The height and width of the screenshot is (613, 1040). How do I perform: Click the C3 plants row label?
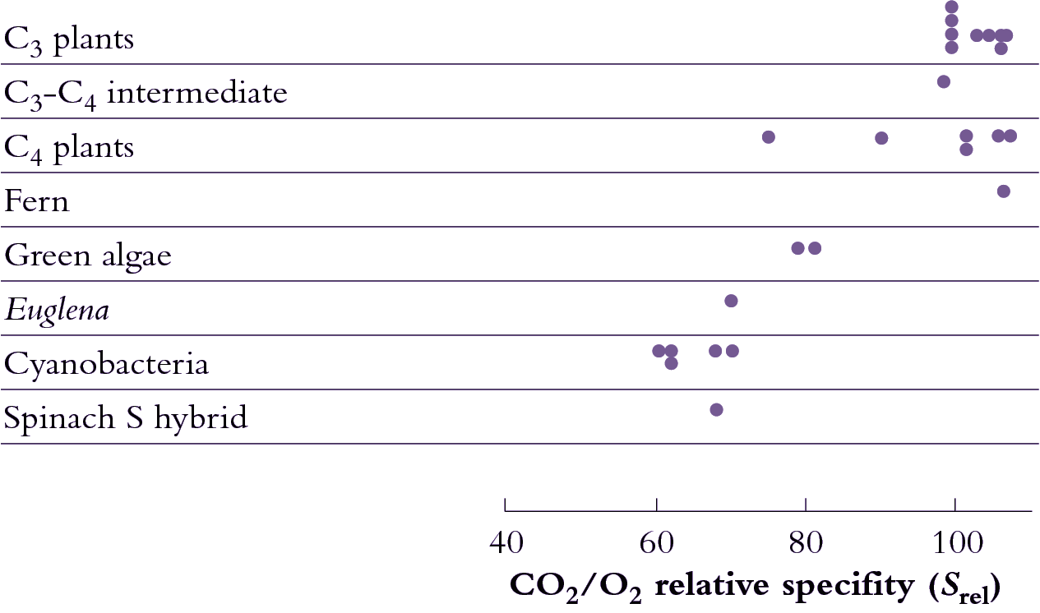tap(69, 39)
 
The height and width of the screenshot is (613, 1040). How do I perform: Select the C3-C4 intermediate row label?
tap(146, 93)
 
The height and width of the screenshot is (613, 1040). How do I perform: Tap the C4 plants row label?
tap(69, 148)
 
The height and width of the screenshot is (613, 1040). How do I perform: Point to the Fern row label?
tap(37, 201)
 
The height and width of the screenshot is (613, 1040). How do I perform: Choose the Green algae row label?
tap(88, 256)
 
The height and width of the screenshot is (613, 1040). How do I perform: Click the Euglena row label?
tap(57, 311)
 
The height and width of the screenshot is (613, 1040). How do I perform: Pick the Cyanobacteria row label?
tap(106, 364)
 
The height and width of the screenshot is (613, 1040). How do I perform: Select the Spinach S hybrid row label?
tap(125, 418)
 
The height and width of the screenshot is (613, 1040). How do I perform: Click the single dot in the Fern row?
tap(1003, 191)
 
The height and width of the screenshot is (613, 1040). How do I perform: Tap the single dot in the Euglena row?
tap(731, 301)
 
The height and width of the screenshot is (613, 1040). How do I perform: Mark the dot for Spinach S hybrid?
tap(716, 410)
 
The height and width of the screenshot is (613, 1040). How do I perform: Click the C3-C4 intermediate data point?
tap(944, 81)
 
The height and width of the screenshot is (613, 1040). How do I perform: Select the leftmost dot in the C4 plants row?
tap(769, 136)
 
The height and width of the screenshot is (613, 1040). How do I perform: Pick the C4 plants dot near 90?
tap(881, 138)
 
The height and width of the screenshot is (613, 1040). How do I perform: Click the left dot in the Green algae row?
tap(797, 248)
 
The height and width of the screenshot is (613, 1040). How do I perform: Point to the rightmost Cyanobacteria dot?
tap(732, 351)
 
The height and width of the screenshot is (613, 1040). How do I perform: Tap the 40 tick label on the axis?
tap(506, 545)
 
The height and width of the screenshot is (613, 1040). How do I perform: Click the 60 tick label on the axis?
tap(656, 545)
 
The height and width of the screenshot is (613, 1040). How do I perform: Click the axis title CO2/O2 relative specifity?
tap(755, 586)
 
